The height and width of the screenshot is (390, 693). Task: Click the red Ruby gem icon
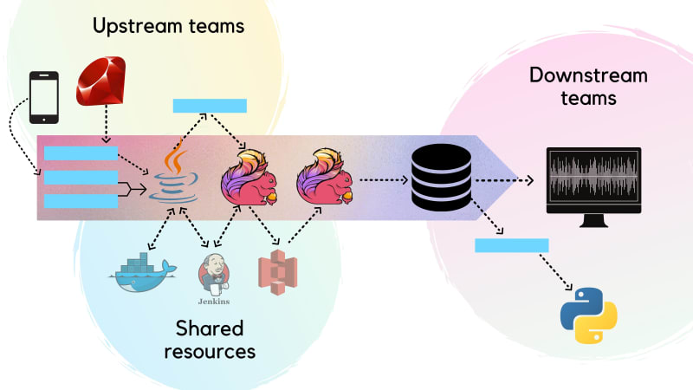[x=101, y=81]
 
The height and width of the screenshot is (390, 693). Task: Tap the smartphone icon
[x=44, y=97]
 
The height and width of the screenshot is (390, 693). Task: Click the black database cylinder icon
[x=442, y=177]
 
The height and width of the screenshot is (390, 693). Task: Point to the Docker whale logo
[x=143, y=273]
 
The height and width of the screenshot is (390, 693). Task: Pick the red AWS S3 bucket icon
[x=277, y=272]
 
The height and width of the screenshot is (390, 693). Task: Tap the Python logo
[x=589, y=315]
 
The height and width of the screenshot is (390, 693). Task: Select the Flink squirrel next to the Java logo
[x=249, y=178]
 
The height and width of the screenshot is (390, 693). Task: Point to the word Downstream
[x=588, y=75]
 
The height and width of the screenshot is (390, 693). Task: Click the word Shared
[x=210, y=328]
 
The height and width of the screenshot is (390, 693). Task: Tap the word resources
[x=210, y=352]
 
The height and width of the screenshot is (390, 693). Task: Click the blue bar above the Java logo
[x=210, y=106]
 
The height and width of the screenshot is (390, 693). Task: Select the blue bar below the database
[x=512, y=245]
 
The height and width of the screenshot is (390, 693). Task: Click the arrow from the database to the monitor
[x=504, y=180]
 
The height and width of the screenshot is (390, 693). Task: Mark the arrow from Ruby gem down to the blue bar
[x=106, y=124]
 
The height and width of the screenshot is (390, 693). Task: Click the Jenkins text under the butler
[x=214, y=302]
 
